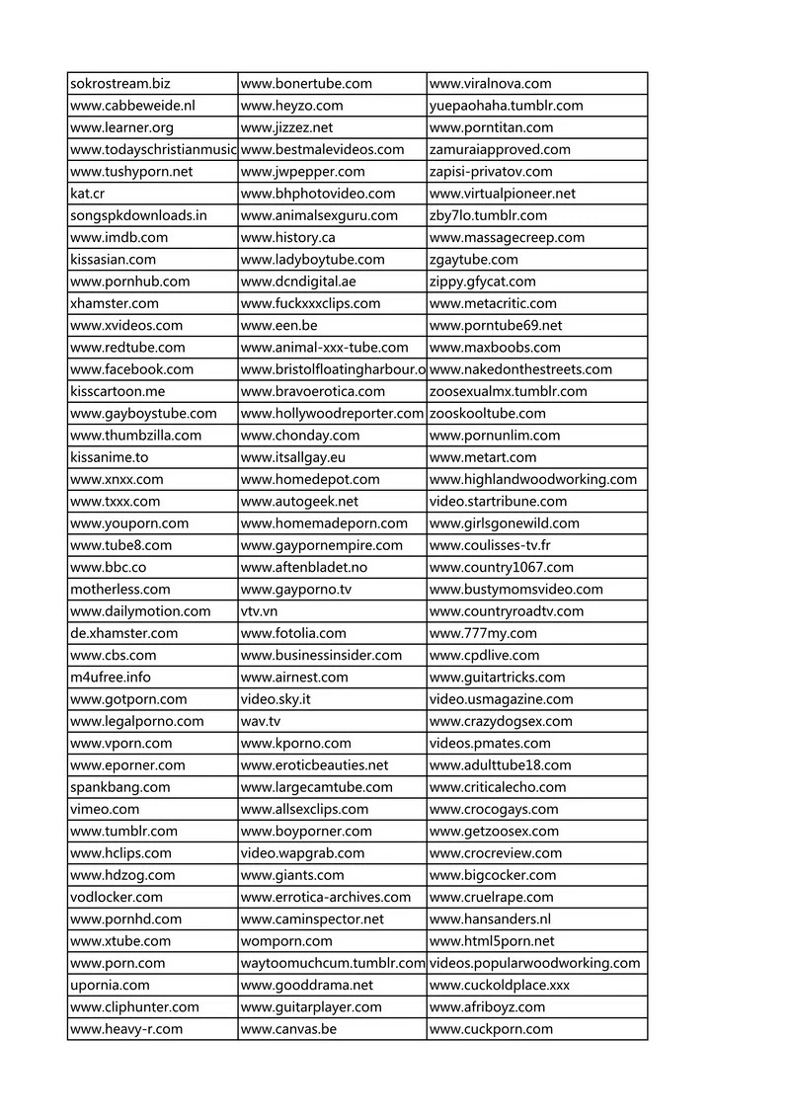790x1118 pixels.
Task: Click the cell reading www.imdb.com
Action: pos(119,237)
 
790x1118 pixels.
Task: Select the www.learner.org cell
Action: pos(121,127)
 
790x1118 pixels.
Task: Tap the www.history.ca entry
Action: pos(288,237)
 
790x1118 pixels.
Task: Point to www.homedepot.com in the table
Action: pos(310,479)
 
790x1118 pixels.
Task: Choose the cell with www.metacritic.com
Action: pos(494,303)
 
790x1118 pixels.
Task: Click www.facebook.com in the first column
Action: pos(132,369)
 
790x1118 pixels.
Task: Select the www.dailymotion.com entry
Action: pos(140,611)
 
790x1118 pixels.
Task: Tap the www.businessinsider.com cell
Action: pos(321,655)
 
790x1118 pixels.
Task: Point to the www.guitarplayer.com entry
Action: pos(311,1007)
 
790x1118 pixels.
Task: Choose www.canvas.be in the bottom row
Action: pos(288,1029)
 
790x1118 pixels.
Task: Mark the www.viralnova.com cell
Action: pos(491,84)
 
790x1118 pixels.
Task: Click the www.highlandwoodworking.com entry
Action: pos(533,479)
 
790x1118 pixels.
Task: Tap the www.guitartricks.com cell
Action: pos(498,678)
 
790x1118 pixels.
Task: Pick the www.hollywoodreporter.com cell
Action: pos(332,413)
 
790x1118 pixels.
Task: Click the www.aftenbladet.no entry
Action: pos(304,567)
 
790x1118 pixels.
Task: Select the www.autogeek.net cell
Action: pos(299,501)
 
